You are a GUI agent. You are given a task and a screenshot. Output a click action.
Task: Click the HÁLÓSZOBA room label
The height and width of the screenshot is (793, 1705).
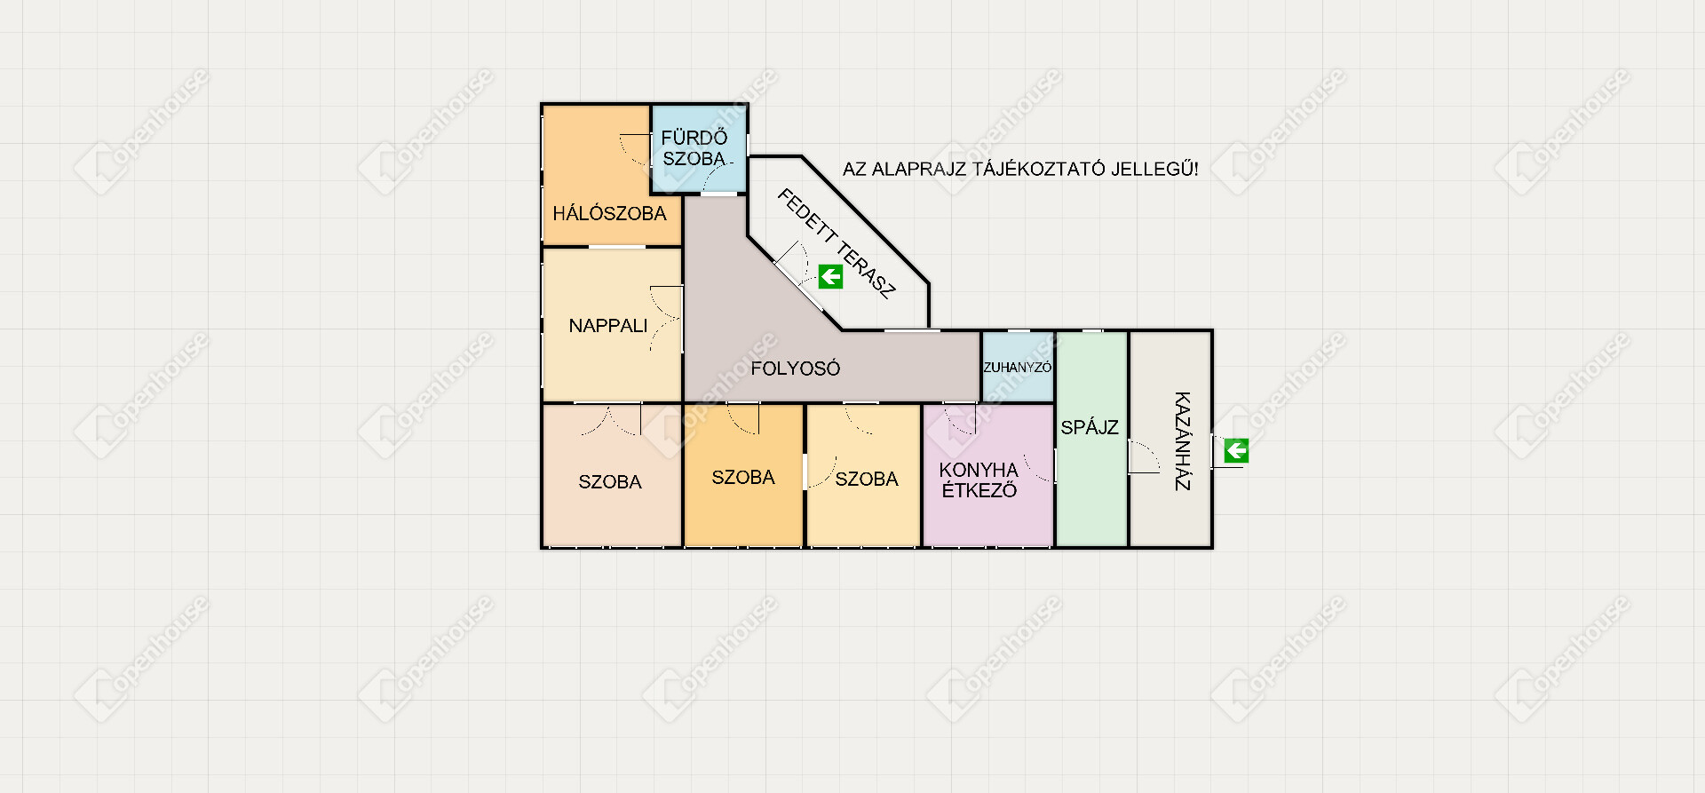[x=609, y=213]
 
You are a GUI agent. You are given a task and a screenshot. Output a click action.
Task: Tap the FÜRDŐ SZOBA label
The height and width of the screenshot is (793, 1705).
[x=694, y=148]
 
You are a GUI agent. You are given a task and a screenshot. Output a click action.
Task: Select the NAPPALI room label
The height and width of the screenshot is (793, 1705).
[x=608, y=326]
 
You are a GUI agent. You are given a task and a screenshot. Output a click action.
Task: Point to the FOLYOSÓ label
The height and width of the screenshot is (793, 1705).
[x=795, y=369]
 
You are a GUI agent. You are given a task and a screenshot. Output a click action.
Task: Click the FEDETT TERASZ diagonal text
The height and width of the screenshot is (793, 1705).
[x=837, y=242]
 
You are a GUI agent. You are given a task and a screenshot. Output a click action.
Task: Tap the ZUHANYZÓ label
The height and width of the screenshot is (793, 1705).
[x=1018, y=367]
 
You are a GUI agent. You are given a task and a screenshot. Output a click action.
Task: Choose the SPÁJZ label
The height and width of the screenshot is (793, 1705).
[x=1090, y=427]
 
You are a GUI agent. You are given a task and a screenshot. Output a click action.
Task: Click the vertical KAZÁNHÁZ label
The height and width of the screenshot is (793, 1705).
[x=1183, y=440]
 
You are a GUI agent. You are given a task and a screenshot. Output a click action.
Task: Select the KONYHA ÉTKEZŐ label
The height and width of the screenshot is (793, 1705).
[x=979, y=480]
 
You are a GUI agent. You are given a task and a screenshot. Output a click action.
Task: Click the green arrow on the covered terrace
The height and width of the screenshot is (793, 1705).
[x=830, y=277]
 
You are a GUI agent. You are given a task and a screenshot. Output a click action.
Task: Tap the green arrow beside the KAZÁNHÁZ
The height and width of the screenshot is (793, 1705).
[x=1236, y=451]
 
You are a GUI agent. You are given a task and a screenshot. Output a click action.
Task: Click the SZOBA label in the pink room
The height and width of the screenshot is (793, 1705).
[x=610, y=482]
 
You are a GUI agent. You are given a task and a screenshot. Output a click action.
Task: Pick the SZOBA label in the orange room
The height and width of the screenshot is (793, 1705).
[x=743, y=478]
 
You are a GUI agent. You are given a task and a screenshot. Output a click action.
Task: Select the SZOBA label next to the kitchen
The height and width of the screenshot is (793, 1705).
[x=867, y=480]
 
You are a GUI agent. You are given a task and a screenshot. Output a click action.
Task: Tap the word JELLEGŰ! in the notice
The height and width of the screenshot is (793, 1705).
[x=1154, y=169]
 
